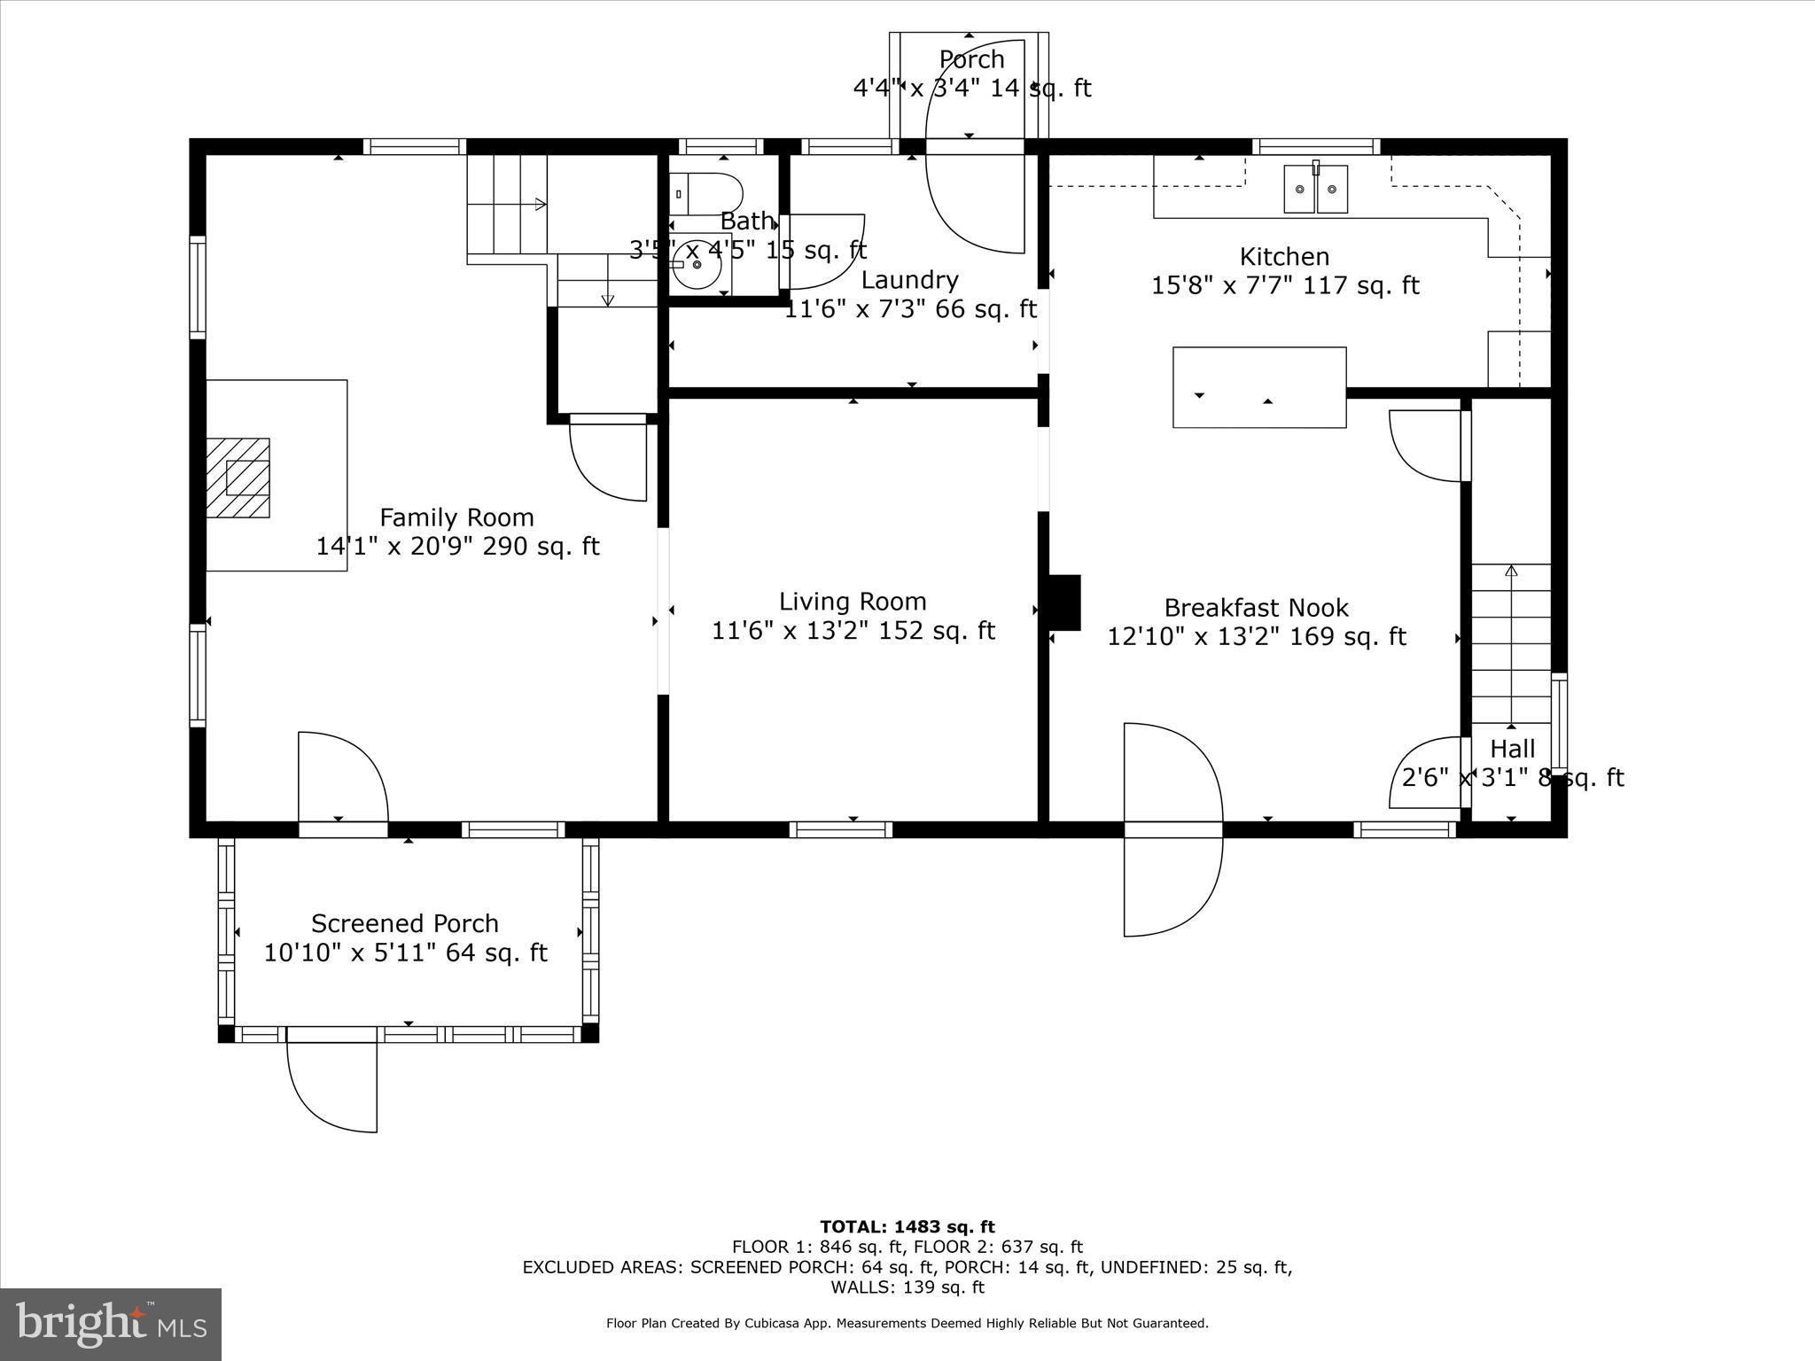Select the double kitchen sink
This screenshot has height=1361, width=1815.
(1316, 189)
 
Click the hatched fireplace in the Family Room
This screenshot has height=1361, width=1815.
(238, 478)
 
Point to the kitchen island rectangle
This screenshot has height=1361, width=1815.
(1259, 387)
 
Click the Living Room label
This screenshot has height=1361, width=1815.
(853, 602)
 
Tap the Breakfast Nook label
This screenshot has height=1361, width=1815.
(1256, 608)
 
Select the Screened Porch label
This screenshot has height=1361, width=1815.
(405, 923)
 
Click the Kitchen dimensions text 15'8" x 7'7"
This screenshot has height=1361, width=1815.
(1284, 285)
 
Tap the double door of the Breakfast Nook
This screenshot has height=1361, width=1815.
(1172, 829)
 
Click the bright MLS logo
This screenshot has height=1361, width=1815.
(111, 1324)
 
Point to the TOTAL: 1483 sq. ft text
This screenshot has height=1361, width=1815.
(907, 1227)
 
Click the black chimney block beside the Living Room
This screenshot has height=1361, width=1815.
(1064, 603)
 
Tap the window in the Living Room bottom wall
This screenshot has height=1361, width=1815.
(840, 829)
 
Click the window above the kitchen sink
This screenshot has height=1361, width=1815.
(1316, 146)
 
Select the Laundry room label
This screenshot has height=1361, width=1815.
(909, 280)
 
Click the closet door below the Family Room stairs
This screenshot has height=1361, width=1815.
(609, 457)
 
